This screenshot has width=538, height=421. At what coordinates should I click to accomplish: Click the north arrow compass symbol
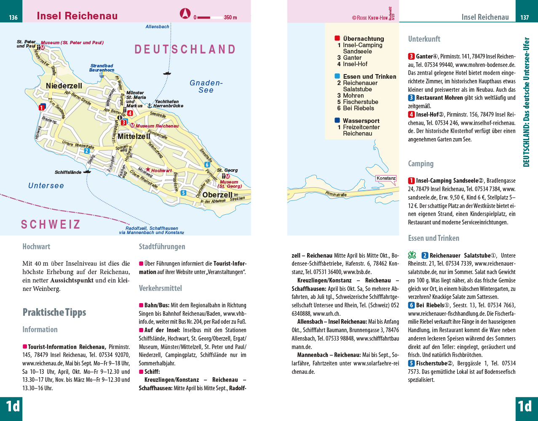coord(185,14)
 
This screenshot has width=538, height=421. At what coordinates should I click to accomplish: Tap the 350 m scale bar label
coord(230,18)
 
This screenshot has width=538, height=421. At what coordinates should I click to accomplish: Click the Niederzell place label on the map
coord(64,86)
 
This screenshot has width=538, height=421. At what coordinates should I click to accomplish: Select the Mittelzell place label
coord(134,136)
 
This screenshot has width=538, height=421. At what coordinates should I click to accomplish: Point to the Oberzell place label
coord(217,195)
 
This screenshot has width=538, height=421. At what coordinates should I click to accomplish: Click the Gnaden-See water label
coord(206,86)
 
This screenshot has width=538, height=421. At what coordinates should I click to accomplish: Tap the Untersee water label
coord(46,186)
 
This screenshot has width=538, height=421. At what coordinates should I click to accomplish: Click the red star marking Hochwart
coord(148,169)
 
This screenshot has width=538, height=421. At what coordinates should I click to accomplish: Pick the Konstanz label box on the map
coord(386,178)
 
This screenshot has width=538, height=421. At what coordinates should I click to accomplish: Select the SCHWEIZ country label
coord(51,224)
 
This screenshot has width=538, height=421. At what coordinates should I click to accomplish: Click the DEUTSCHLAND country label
coord(185,49)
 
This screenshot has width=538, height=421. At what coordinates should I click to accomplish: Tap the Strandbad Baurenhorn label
coord(102,68)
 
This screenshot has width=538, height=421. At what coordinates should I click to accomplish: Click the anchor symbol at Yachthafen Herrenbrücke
coord(149,106)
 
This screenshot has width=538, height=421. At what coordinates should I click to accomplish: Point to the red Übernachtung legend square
coord(337,38)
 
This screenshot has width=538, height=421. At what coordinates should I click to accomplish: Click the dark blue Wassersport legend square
coord(337,120)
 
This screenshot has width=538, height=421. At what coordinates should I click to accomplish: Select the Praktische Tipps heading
coord(54,312)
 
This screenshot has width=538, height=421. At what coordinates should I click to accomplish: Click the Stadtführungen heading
coord(162,247)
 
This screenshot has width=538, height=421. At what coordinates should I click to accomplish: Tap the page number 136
coord(13,18)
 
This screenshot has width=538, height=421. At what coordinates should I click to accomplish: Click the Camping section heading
coord(420,164)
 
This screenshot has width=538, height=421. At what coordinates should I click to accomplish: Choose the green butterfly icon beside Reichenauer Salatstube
coord(412,255)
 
